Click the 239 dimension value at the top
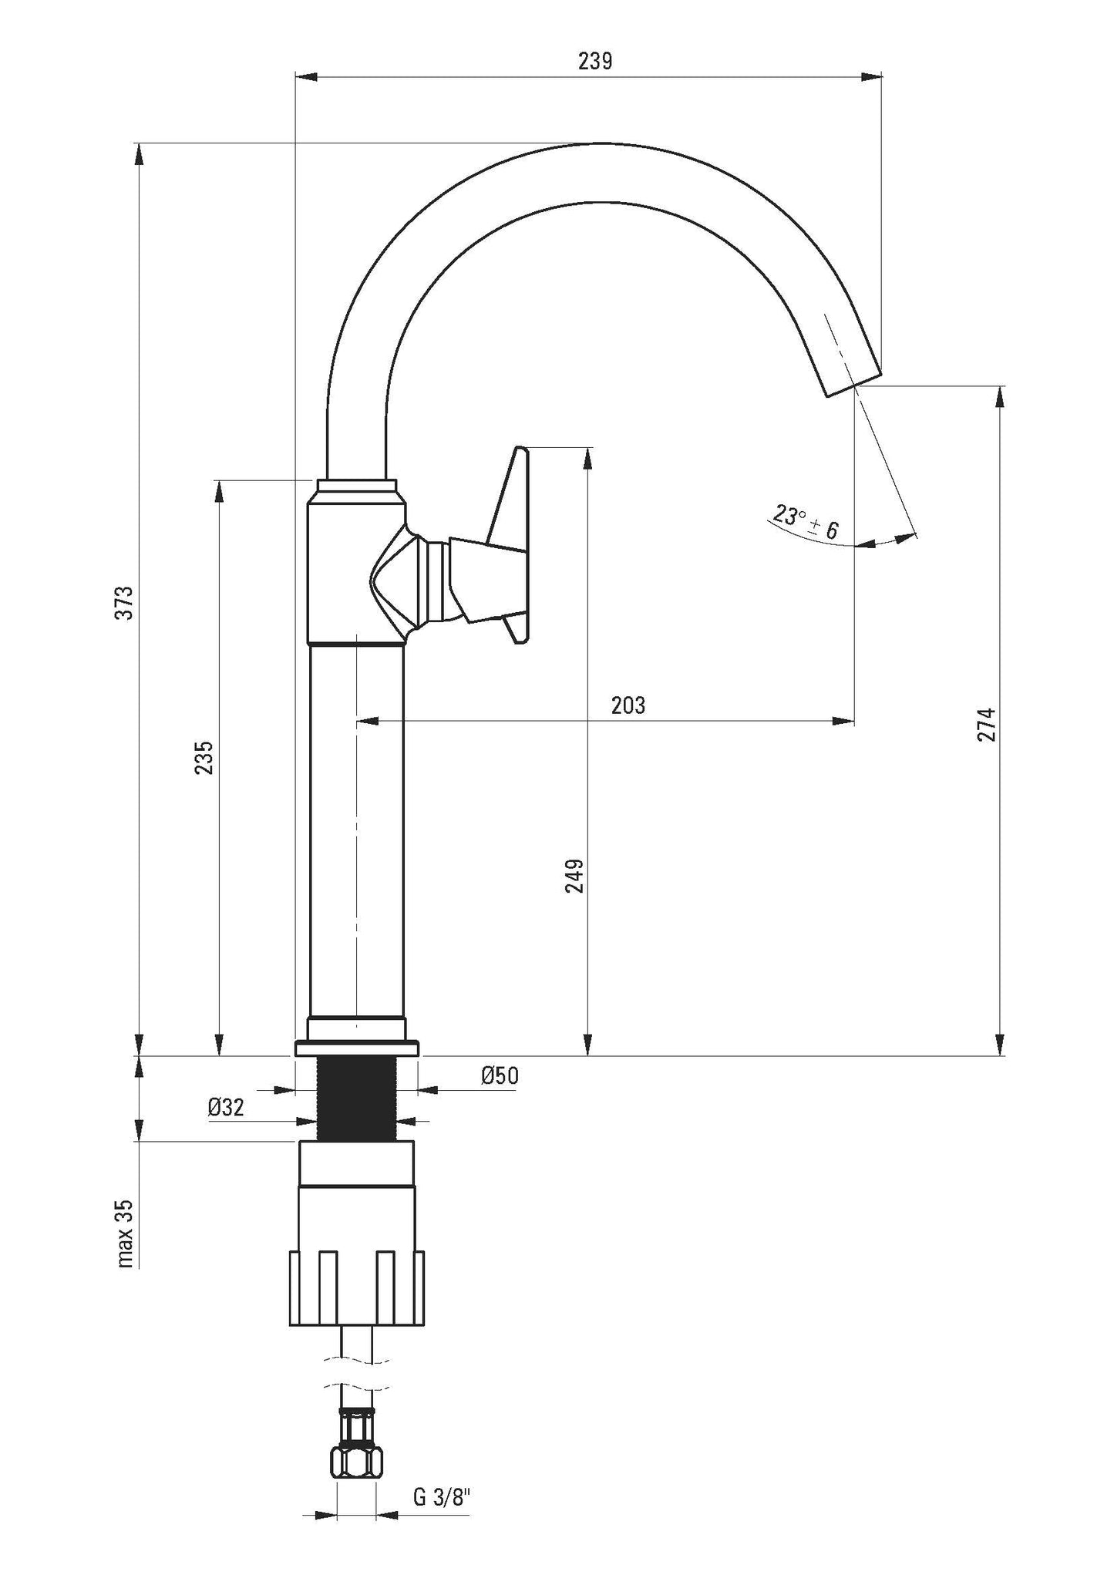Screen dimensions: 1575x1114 coord(594,62)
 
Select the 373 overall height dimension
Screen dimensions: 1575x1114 coord(126,602)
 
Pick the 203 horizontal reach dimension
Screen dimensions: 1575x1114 coord(628,705)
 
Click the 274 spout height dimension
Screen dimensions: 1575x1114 coord(988,724)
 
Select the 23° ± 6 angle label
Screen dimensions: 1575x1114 coord(806,522)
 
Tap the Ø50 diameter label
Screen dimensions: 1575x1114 coord(500,1076)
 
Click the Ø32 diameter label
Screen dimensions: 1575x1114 coord(226,1108)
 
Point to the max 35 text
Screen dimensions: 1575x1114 coord(126,1233)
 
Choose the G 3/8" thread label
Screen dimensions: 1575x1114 coord(442,1496)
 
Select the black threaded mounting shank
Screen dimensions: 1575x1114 coord(357,1098)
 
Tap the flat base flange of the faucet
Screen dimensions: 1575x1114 coord(357,1048)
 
